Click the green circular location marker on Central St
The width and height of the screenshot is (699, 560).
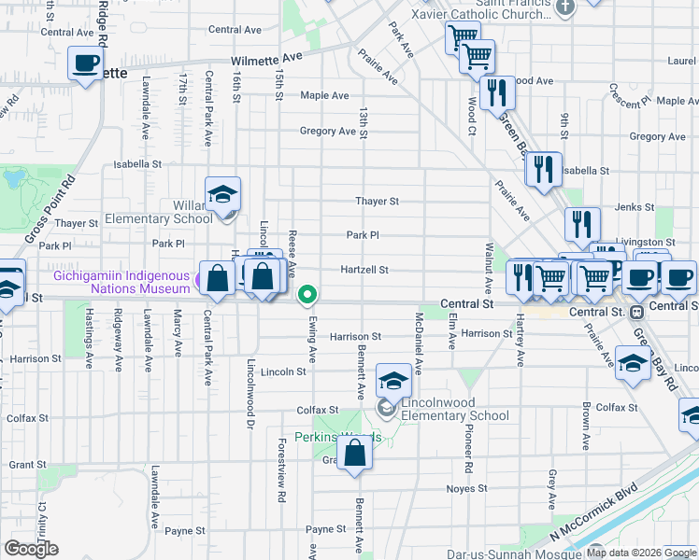click(x=307, y=296)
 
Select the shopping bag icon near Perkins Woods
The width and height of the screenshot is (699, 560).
click(x=355, y=453)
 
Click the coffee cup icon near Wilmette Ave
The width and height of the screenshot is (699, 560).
click(x=86, y=63)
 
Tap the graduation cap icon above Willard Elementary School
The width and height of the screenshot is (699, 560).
click(x=223, y=194)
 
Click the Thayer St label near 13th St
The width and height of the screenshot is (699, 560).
click(x=377, y=201)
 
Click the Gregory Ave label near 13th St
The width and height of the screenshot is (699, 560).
click(x=328, y=132)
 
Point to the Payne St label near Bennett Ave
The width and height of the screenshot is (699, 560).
click(x=326, y=529)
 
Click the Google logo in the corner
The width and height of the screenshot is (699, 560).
click(x=32, y=549)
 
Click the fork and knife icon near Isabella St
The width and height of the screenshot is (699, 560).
click(x=541, y=169)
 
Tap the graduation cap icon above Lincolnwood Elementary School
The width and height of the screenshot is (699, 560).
click(x=394, y=381)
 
